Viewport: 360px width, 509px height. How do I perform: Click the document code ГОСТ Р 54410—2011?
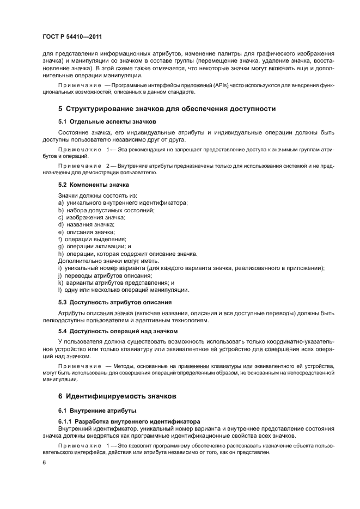(x=73, y=37)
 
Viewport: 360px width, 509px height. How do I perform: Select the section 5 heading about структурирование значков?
(x=167, y=109)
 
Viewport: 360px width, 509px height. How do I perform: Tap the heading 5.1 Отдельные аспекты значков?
(x=107, y=121)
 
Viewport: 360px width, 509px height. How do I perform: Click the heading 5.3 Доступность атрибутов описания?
(x=115, y=302)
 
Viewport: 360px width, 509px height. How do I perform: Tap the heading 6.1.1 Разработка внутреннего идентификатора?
(x=130, y=421)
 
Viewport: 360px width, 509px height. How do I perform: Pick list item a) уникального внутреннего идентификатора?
(x=115, y=203)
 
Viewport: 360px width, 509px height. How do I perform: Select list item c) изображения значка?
(x=91, y=217)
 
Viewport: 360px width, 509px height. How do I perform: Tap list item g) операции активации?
(x=94, y=246)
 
